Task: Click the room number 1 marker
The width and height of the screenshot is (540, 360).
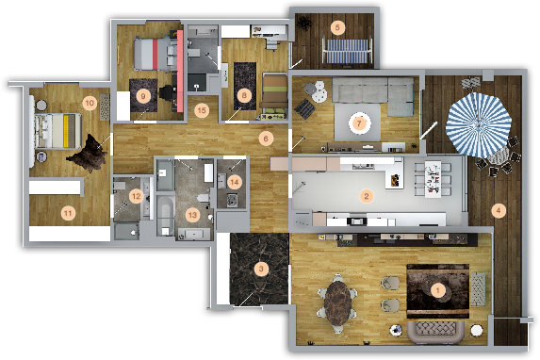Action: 438,290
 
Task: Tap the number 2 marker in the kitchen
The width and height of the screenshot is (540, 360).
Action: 367,196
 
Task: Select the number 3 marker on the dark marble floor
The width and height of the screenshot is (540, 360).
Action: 261,269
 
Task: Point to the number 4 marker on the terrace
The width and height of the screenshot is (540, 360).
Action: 499,210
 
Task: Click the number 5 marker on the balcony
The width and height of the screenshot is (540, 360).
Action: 337,27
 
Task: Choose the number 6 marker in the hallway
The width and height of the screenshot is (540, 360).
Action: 266,139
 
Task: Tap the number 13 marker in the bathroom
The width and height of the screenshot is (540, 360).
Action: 192,215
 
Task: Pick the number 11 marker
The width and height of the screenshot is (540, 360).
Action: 68,213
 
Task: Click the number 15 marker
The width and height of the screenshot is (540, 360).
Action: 202,110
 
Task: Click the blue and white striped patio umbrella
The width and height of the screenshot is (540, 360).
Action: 479,124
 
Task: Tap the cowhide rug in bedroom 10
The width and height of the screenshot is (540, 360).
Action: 88,154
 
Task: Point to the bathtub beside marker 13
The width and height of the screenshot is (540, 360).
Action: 166,216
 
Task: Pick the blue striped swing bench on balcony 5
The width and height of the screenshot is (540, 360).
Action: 347,50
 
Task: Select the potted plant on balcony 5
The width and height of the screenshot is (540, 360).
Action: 304,24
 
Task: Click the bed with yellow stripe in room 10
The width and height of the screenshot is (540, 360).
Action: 57,131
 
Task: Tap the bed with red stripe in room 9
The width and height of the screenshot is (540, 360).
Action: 152,54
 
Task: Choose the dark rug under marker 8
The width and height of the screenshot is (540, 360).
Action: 245,86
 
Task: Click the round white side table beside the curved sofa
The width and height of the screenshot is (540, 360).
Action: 477,330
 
